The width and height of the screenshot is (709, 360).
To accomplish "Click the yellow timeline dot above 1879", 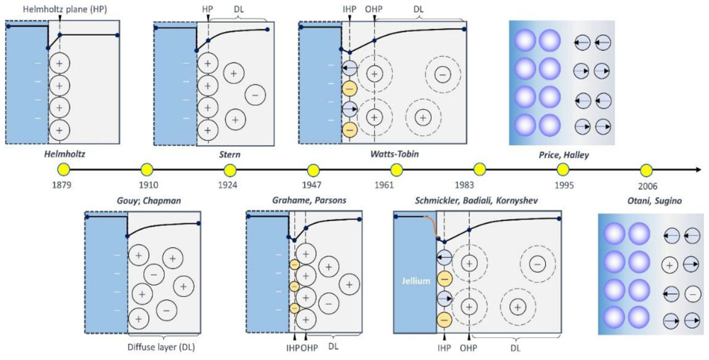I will (63, 170).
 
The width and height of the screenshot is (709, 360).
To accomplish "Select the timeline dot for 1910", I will (147, 170).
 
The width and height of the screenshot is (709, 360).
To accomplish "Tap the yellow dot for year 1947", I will (313, 170).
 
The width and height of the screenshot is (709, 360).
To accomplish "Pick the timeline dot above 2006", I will (646, 170).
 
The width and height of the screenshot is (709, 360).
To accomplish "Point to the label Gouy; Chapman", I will (147, 201).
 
